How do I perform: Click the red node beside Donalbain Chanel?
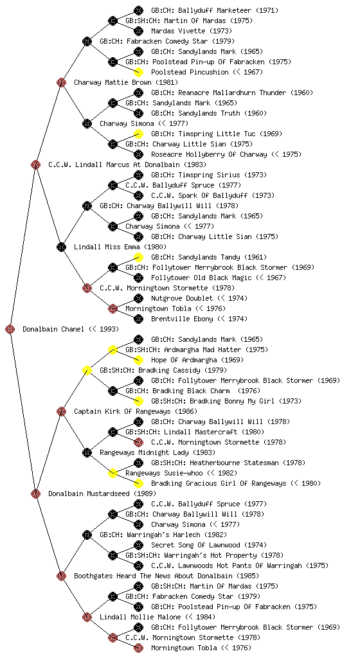pyautogui.click(x=10, y=330)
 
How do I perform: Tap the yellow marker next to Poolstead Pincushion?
pyautogui.click(x=138, y=72)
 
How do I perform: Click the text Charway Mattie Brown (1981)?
pyautogui.click(x=126, y=83)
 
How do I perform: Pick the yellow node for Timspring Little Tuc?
pyautogui.click(x=138, y=134)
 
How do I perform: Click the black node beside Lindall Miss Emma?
pyautogui.click(x=61, y=247)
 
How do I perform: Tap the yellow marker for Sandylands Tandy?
pyautogui.click(x=138, y=257)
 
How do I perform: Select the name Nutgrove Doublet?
pyautogui.click(x=182, y=298)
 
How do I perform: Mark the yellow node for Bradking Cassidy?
pyautogui.click(x=87, y=371)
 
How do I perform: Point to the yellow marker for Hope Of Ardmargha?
pyautogui.click(x=138, y=360)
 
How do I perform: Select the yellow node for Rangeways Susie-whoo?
pyautogui.click(x=113, y=474)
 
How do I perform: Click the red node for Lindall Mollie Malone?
pyautogui.click(x=87, y=618)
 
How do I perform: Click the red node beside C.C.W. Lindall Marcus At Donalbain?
pyautogui.click(x=35, y=165)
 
